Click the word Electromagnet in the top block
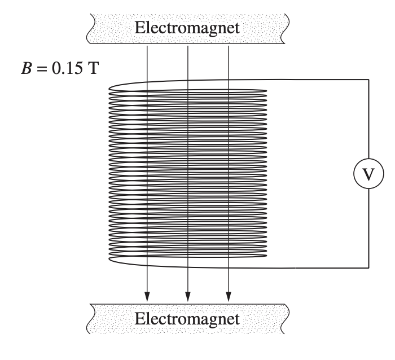[186, 27]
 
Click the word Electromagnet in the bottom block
[186, 319]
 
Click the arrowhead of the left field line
[147, 295]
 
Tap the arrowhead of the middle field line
[188, 295]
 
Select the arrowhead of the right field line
[229, 295]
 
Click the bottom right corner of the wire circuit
[368, 267]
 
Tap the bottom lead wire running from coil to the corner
[316, 267]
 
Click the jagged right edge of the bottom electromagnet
[286, 319]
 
